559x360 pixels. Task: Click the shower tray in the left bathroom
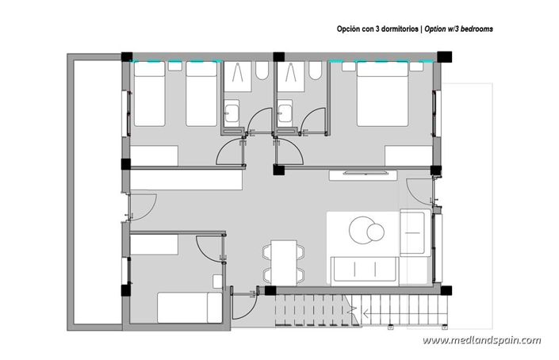pyautogui.click(x=236, y=77)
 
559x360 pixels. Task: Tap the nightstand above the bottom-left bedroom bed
pyautogui.click(x=218, y=281)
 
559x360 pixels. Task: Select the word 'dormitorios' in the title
pyautogui.click(x=395, y=29)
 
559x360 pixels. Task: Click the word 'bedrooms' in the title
pyautogui.click(x=474, y=29)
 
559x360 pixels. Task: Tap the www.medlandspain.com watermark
pyautogui.click(x=481, y=341)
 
